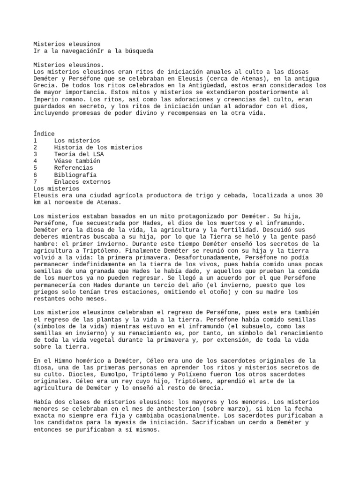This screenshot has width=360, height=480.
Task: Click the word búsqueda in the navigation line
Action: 138,51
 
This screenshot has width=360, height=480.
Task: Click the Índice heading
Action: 44,134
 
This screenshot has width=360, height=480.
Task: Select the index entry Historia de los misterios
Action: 98,147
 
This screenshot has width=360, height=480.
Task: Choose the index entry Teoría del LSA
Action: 79,154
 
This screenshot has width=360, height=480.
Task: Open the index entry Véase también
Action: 77,161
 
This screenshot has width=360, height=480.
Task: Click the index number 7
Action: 36,181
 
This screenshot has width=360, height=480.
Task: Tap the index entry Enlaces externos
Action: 82,181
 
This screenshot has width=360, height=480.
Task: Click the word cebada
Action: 247,195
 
